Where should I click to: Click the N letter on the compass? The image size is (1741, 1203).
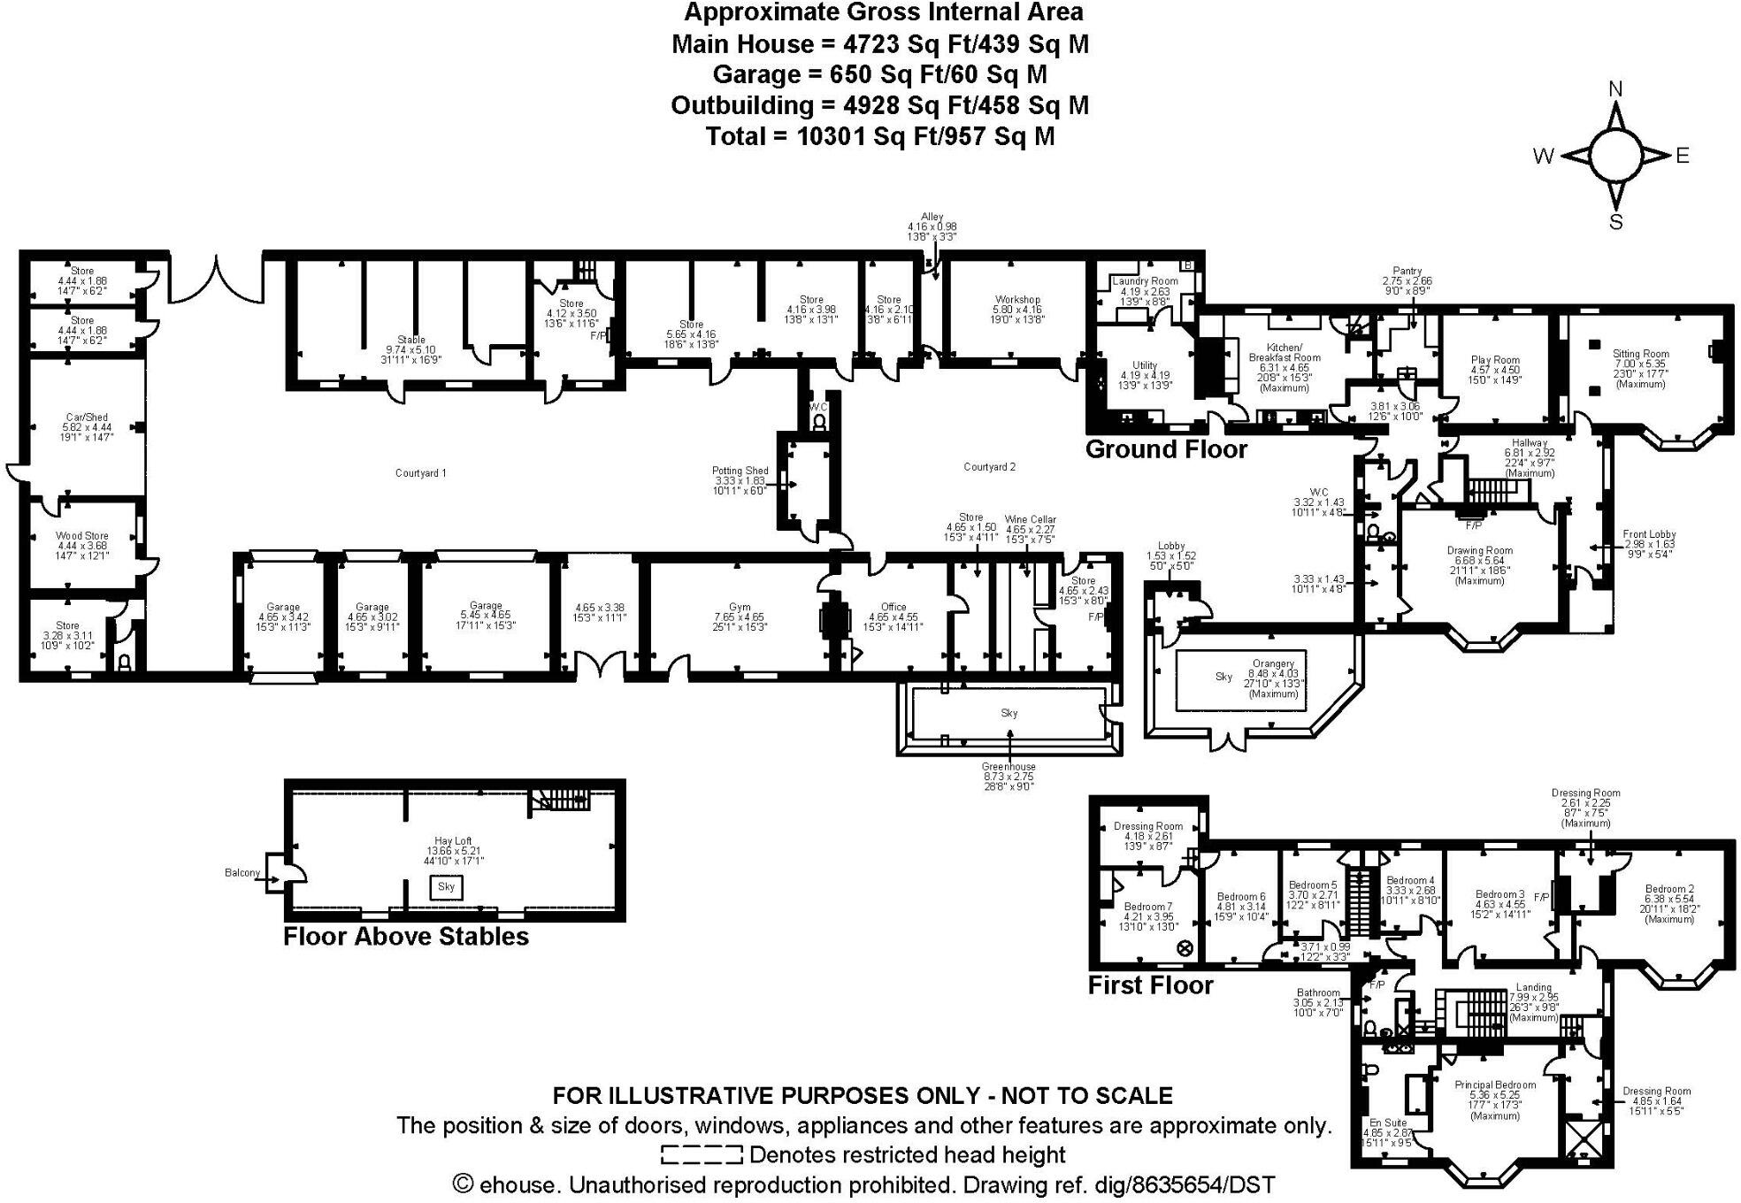click(x=1615, y=89)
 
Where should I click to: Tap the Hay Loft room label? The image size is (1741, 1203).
click(x=453, y=841)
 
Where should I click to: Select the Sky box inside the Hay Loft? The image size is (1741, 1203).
click(x=446, y=887)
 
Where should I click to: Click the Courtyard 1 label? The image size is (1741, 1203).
click(x=420, y=473)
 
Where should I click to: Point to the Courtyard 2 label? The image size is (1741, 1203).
click(x=989, y=467)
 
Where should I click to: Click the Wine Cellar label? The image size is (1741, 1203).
click(x=1030, y=519)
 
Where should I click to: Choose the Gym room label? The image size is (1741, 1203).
click(x=740, y=608)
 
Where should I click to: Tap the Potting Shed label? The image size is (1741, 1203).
click(x=740, y=471)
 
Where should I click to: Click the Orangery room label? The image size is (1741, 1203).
click(x=1273, y=663)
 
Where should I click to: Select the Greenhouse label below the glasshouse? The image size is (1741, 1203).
click(x=1008, y=767)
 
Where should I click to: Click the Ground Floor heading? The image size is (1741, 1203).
click(x=1165, y=449)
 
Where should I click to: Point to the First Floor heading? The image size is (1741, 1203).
click(x=1150, y=985)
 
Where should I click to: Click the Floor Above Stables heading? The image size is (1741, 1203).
click(x=405, y=937)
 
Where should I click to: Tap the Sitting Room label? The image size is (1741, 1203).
click(x=1641, y=354)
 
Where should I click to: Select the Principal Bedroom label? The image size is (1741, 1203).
click(x=1495, y=1084)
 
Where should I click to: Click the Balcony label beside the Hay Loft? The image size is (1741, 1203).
click(x=242, y=873)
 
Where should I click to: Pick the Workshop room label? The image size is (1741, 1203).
click(x=1017, y=300)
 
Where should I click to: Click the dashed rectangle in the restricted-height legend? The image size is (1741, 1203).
click(x=701, y=1154)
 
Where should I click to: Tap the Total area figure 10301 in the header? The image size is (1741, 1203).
click(x=831, y=136)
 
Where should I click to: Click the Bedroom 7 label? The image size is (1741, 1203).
click(x=1147, y=907)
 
